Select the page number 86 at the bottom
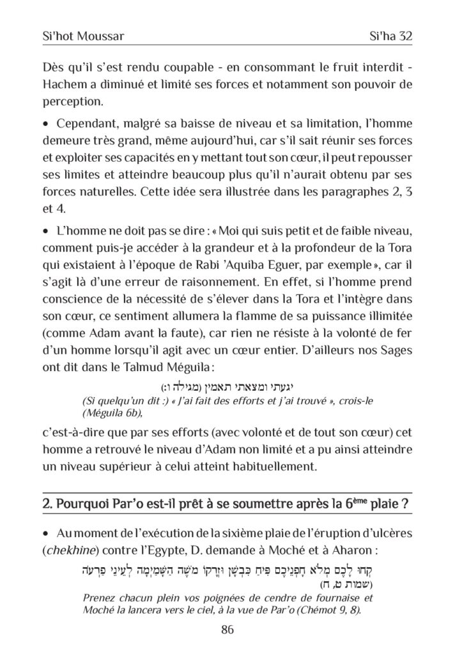point(227,629)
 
